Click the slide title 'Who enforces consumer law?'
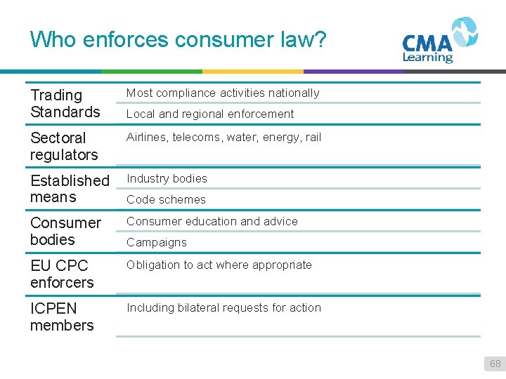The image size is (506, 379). click(x=179, y=39)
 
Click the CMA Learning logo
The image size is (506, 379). click(x=439, y=41)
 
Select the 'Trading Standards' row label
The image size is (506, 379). click(x=65, y=103)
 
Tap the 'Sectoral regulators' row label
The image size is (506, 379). click(x=64, y=146)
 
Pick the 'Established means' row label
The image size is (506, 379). click(x=70, y=189)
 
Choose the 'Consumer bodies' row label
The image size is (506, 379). click(x=65, y=231)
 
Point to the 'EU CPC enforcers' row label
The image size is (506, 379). click(x=62, y=274)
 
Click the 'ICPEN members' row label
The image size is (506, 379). click(x=62, y=317)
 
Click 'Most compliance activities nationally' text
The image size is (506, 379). click(x=223, y=93)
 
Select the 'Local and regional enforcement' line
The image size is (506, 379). click(x=210, y=114)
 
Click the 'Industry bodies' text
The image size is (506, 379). click(x=167, y=178)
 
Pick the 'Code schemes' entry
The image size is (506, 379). click(x=166, y=199)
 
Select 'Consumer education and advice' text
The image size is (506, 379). click(x=212, y=221)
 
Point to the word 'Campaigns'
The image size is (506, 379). click(x=156, y=242)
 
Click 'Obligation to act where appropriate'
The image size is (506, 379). click(x=219, y=265)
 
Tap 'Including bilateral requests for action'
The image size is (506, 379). click(x=223, y=307)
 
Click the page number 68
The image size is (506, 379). click(x=495, y=364)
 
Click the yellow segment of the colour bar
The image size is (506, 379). click(x=253, y=71)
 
